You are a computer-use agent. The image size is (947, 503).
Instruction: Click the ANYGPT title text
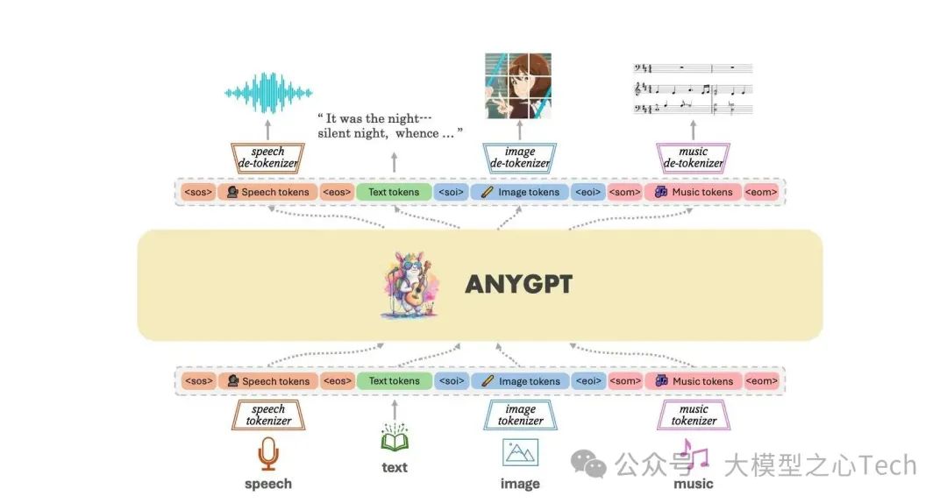point(518,285)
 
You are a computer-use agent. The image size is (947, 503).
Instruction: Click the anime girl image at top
point(520,86)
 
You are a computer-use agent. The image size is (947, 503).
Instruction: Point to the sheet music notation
point(693,89)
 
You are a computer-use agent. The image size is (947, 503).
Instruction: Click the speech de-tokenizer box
point(267,158)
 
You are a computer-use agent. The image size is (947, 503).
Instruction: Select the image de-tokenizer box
point(520,158)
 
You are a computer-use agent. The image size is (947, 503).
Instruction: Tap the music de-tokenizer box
point(693,158)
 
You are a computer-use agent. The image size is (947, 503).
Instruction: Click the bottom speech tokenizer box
point(267,415)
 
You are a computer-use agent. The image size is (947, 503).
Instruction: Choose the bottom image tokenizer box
point(520,415)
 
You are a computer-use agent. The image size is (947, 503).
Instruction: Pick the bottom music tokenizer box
point(693,415)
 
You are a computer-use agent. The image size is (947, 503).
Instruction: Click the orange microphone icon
point(267,455)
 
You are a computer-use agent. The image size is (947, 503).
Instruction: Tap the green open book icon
point(395,438)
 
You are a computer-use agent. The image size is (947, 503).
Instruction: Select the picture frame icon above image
point(520,452)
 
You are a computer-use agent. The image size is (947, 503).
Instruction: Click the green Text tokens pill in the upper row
point(394,192)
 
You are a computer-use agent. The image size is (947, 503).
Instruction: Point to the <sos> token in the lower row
point(199,381)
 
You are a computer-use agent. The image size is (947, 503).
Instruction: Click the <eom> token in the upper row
point(761,192)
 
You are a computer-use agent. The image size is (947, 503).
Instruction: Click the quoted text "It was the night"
point(375,118)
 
